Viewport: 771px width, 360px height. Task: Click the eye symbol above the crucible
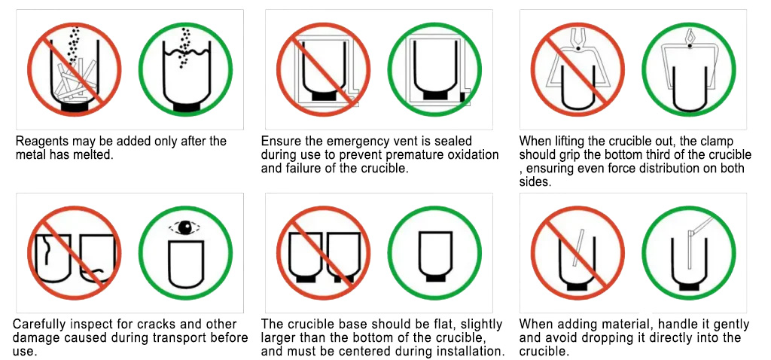coord(185,227)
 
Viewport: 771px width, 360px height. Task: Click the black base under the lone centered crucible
coord(435,279)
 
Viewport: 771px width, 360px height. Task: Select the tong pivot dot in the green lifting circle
coord(690,46)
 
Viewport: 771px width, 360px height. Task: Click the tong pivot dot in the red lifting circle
coord(579,47)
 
